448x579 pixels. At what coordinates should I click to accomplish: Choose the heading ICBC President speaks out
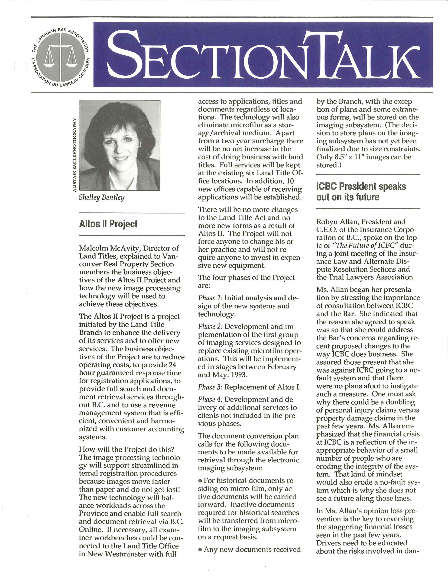(x=361, y=192)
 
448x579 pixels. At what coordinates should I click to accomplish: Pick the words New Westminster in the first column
(x=113, y=554)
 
